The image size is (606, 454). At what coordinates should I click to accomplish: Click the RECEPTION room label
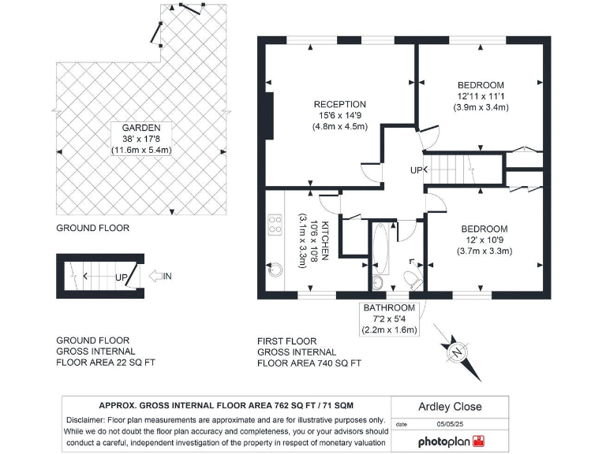coord(339,104)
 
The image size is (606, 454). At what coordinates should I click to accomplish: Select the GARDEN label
coord(141,127)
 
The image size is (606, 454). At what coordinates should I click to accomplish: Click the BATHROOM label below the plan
coord(389,307)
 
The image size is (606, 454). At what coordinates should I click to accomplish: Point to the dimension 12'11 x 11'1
coord(481,96)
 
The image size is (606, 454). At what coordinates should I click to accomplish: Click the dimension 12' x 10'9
coord(484,240)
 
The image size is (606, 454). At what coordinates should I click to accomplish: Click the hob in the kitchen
coord(275,225)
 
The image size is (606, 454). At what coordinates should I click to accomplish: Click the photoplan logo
coord(458,441)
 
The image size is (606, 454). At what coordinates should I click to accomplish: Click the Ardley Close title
coord(449,407)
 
